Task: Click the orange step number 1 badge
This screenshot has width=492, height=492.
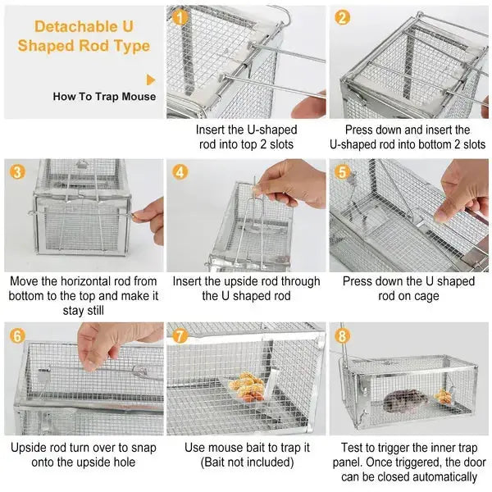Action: point(181,16)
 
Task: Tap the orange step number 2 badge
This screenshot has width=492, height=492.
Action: point(343,17)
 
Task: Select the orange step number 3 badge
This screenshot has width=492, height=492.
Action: point(17,173)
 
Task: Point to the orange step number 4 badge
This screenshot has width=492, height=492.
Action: point(180,172)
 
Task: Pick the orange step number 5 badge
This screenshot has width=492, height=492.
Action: point(343,173)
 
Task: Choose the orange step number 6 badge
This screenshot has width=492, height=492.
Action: point(17,336)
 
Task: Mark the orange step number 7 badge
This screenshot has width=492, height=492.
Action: point(180,336)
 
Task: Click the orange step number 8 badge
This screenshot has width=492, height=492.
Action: point(343,336)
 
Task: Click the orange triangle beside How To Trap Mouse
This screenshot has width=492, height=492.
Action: point(151,80)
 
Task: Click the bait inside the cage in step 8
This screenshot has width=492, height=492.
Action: point(444,395)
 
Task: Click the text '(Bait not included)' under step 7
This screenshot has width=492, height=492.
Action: point(246,462)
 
